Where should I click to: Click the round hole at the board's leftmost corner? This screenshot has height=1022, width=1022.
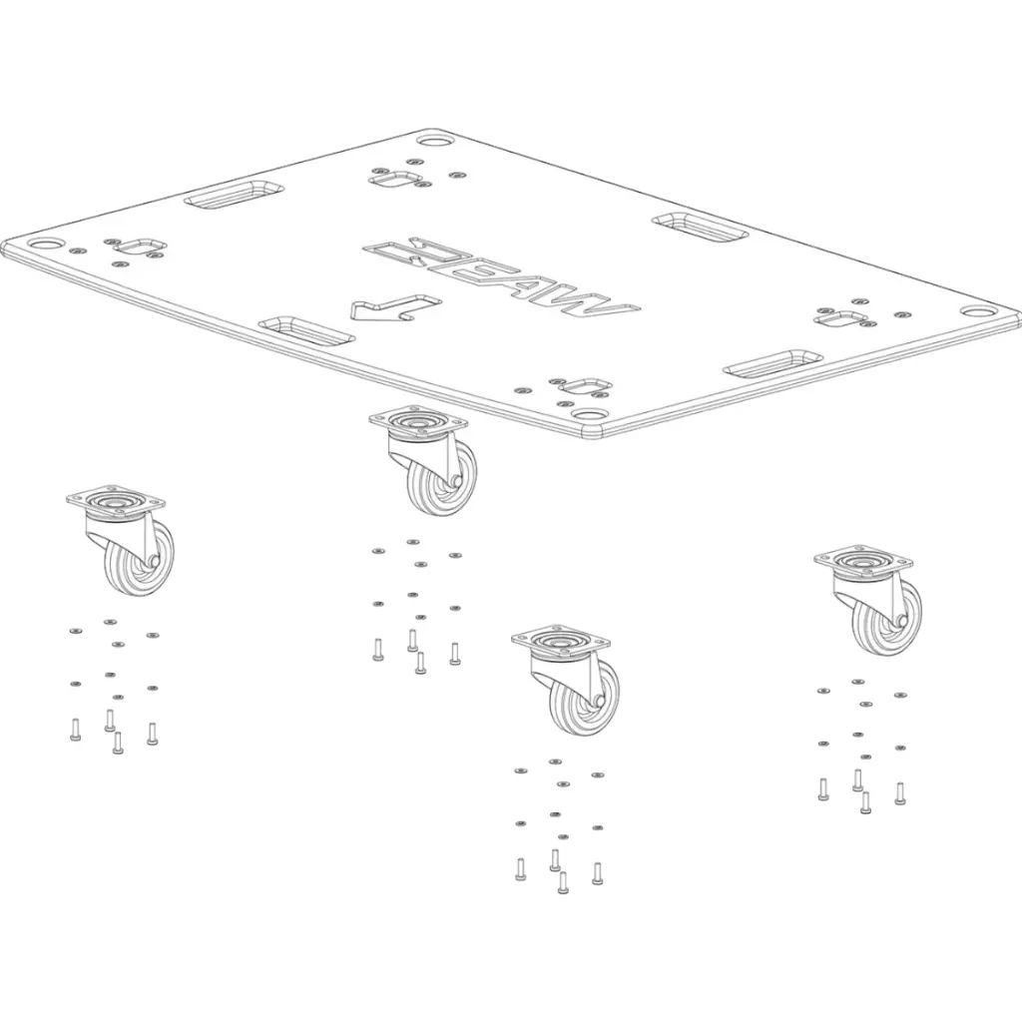[45, 244]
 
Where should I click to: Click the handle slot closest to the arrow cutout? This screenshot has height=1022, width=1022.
[305, 330]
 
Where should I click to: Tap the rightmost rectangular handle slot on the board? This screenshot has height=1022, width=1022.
[771, 363]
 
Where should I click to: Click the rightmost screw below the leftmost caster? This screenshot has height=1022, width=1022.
[152, 734]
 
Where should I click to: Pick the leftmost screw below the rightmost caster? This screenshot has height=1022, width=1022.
[823, 789]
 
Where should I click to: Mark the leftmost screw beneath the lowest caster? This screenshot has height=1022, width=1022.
[520, 870]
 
